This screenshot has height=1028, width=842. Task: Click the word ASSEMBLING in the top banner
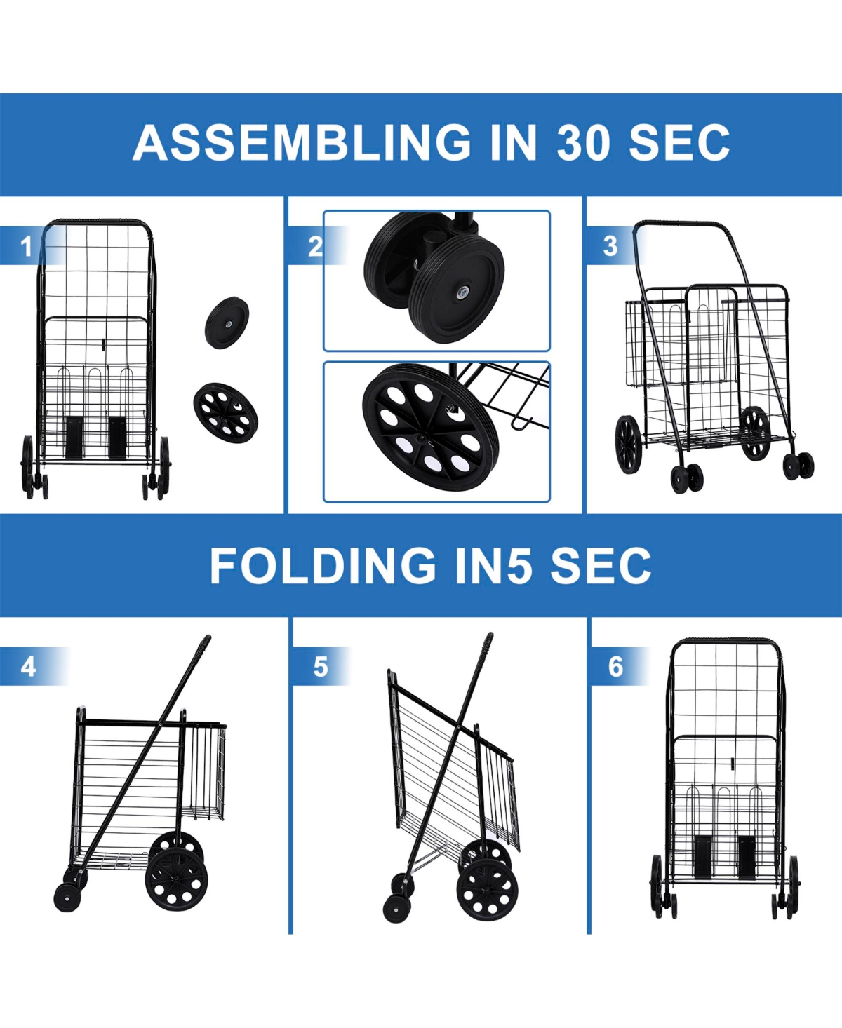click(302, 142)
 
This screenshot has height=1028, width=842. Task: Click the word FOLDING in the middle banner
click(323, 565)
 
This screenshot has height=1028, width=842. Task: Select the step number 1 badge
click(27, 246)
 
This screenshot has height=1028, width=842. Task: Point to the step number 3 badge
click(610, 246)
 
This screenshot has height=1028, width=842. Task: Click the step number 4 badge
click(28, 666)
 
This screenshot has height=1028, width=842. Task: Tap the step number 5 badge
click(320, 666)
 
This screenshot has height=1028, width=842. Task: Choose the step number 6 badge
click(615, 666)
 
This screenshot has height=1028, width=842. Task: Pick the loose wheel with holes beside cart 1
click(225, 412)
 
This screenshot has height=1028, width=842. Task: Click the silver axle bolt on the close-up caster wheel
click(462, 293)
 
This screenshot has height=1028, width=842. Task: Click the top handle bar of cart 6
click(726, 640)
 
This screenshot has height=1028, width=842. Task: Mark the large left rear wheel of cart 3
click(628, 444)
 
